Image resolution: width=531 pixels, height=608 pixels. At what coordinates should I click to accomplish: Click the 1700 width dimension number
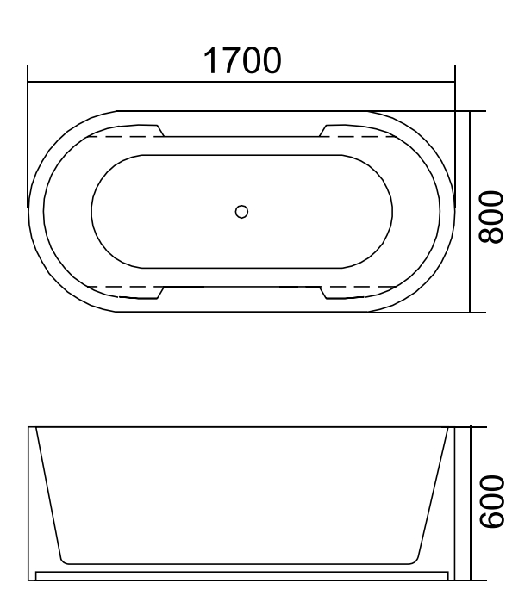(x=241, y=60)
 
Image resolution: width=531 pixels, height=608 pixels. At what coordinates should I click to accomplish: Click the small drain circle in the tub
(x=241, y=211)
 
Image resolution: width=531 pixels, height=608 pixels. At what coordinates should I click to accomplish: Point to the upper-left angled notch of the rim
(x=160, y=130)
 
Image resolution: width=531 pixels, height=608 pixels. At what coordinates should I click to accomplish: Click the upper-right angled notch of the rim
(x=323, y=130)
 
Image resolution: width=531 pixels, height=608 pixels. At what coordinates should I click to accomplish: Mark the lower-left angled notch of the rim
(x=160, y=292)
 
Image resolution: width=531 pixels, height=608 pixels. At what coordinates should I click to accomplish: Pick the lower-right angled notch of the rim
(x=323, y=292)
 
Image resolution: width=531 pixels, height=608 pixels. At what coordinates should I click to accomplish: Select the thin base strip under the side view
(x=241, y=573)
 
